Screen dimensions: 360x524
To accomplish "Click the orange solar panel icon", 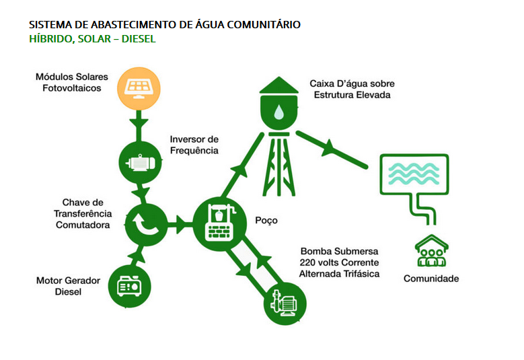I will pos(140,87).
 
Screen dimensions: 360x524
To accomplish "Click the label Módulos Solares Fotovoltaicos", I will pos(72,82).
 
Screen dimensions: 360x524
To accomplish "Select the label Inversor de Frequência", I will pos(194,145).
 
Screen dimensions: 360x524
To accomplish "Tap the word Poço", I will pos(266,220).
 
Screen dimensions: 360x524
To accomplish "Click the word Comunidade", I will pos(431,278).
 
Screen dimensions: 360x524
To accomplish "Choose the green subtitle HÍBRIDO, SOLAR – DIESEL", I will pos(92,39).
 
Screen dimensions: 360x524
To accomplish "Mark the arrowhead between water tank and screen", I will pos(330,148).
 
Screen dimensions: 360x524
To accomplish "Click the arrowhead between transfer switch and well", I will pos(180,222).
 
